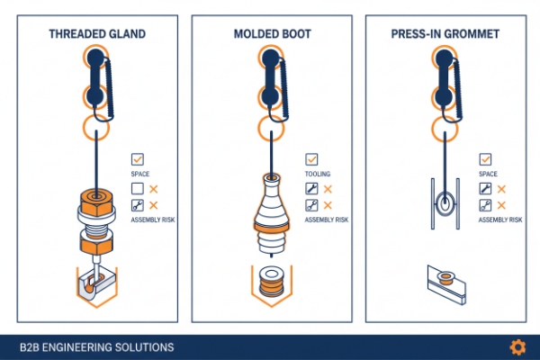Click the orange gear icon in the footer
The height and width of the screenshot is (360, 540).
coord(517,346)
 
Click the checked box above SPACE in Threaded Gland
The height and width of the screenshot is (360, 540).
coord(138,159)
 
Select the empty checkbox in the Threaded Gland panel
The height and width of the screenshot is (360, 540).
coord(138,189)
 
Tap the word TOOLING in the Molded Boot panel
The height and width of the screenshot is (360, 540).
coord(317,174)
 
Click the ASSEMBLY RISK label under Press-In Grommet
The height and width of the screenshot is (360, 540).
coord(499,220)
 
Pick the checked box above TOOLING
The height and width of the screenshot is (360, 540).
coord(311,159)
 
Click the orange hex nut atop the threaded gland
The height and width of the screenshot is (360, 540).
coord(94,199)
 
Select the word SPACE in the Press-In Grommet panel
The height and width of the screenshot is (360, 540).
coord(488,174)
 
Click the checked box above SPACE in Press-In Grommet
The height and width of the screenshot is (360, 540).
coord(485,159)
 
